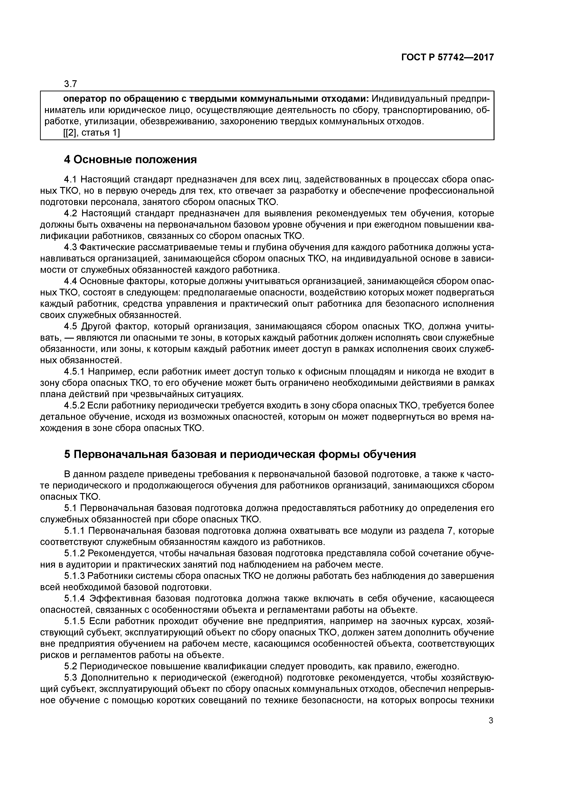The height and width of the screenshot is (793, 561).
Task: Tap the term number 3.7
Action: coord(70,84)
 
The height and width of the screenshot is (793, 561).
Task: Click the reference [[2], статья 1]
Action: coord(92,133)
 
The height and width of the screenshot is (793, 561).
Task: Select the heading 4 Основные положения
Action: coord(130,160)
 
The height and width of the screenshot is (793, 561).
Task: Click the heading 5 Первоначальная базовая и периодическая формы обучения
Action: coord(240,454)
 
